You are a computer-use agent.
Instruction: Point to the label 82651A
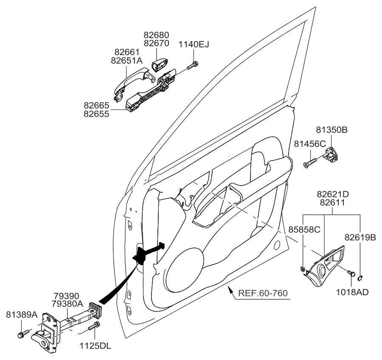[127, 60]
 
